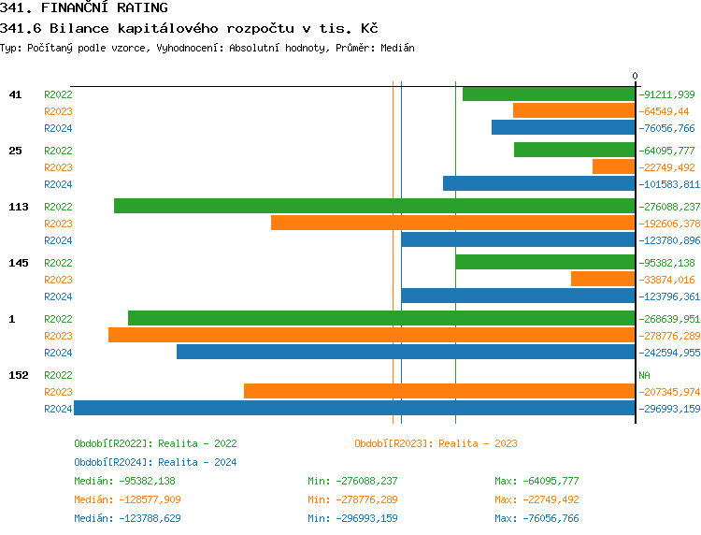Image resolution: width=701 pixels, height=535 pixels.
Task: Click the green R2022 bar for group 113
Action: [x=374, y=206]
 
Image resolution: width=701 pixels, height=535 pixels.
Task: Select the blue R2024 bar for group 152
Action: [x=354, y=409]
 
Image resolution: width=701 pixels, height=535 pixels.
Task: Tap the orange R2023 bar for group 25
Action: [x=613, y=166]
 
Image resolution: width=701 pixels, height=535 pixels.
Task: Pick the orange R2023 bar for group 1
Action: [x=371, y=335]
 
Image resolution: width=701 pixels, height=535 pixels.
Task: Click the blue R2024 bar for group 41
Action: [x=563, y=127]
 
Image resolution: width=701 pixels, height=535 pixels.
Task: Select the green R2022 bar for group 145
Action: [x=545, y=262]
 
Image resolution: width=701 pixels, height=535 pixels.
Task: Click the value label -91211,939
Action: [x=666, y=94]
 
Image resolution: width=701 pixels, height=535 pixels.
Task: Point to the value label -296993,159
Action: [x=669, y=409]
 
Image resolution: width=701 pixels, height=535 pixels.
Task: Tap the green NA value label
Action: [x=644, y=375]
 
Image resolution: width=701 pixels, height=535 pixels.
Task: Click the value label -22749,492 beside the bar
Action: [x=666, y=167]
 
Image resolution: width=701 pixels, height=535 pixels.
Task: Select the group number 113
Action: [x=18, y=207]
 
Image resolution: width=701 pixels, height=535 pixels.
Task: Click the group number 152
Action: [x=18, y=375]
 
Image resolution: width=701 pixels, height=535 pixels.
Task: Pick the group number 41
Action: [x=15, y=94]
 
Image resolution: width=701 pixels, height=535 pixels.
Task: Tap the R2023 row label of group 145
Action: [x=58, y=280]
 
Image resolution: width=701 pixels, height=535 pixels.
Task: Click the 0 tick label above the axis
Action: [x=635, y=76]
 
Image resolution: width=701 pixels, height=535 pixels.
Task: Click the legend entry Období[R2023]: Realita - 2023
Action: [x=436, y=443]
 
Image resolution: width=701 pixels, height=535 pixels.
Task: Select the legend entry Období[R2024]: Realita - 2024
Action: [x=155, y=462]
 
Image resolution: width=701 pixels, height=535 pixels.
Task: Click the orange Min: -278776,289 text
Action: [x=352, y=499]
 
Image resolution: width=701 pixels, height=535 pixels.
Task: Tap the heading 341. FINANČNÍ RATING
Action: [x=84, y=8]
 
